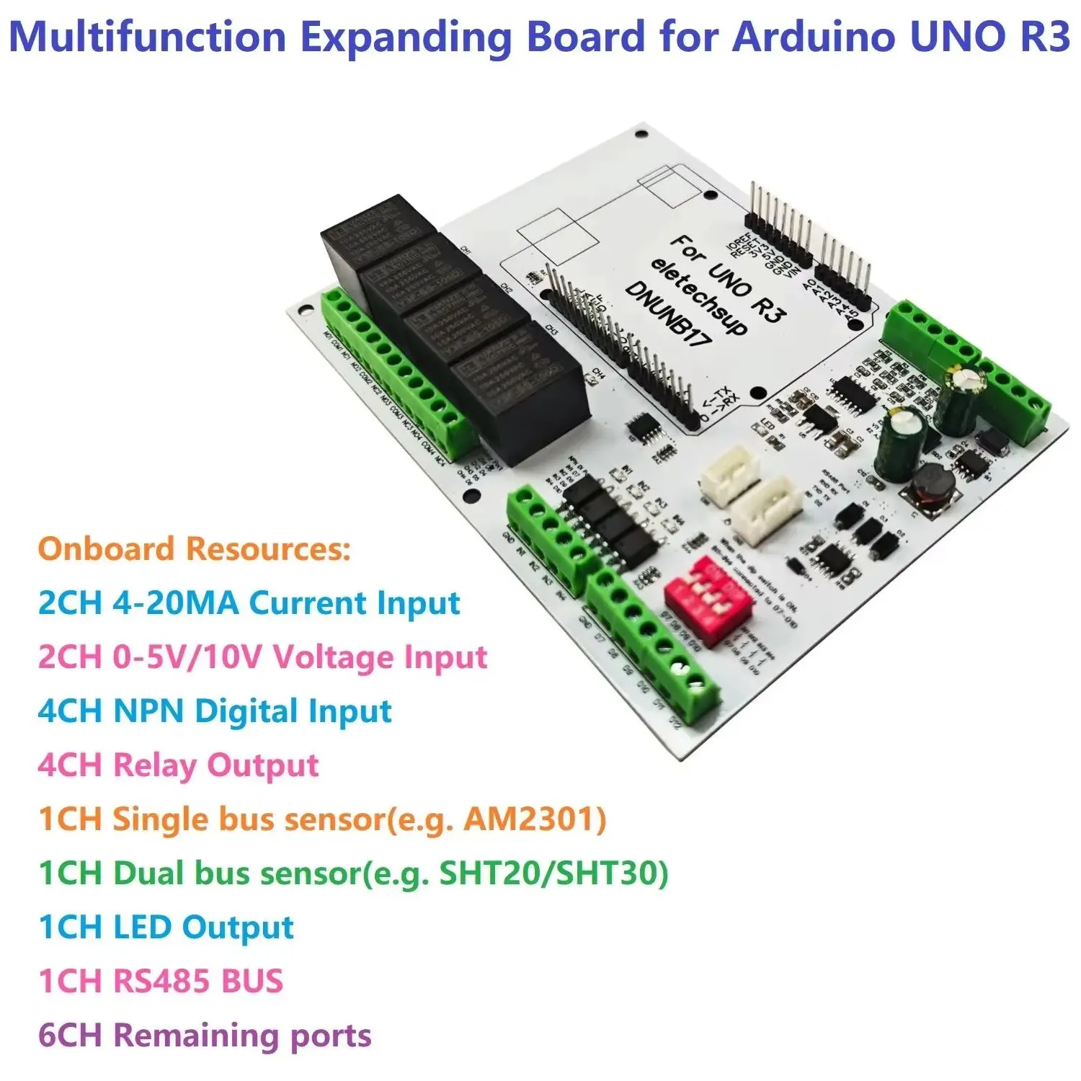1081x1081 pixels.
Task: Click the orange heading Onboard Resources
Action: coord(194,548)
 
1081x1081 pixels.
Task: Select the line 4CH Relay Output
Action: coord(178,765)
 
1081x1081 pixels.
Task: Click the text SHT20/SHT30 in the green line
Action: coord(553,873)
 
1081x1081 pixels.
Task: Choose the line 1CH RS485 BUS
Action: coord(161,981)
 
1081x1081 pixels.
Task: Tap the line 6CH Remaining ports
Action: coord(205,1036)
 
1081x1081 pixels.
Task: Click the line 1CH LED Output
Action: coord(166,927)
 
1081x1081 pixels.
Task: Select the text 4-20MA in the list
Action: coord(175,602)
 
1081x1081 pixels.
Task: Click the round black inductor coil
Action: coord(933,488)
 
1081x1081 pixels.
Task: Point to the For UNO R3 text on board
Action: coord(728,277)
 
